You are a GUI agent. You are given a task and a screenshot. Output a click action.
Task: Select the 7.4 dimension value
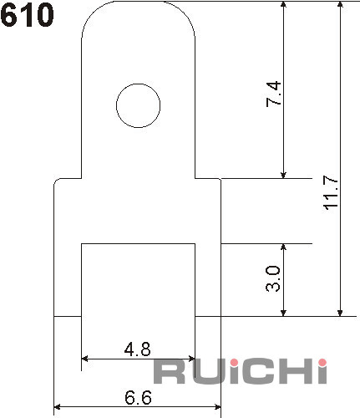pos(273,94)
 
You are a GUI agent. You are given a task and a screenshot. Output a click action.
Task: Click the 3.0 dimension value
pos(273,279)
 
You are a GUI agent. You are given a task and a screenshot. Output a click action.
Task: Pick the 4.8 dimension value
pos(138,349)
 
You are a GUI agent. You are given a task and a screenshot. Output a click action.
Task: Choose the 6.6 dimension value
pos(139,397)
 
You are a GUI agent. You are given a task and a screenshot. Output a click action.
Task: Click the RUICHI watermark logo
pos(241,372)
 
